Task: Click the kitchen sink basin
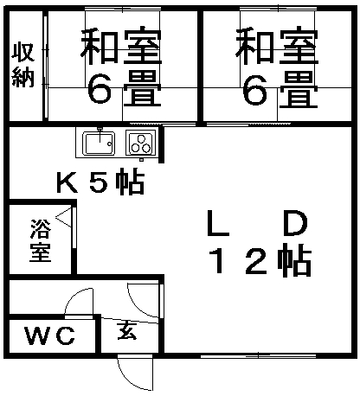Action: coord(99,144)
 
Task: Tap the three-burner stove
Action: coord(141,144)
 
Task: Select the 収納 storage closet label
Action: coord(23,65)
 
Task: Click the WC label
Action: coord(50,335)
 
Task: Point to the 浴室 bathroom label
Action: coord(41,240)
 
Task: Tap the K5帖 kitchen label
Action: coord(100,182)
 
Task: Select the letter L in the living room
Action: coord(218,223)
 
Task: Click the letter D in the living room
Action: coord(295,223)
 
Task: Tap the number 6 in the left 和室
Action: coord(100,88)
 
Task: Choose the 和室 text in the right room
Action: coord(277,46)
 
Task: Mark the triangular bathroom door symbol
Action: coord(63,217)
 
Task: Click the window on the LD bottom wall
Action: coord(258,356)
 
